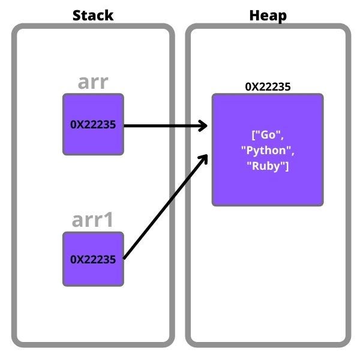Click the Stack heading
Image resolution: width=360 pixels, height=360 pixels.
(x=93, y=15)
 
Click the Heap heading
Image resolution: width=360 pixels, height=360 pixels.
(x=268, y=15)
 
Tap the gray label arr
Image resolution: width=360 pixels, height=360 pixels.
(x=93, y=82)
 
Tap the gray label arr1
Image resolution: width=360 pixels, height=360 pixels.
(x=93, y=220)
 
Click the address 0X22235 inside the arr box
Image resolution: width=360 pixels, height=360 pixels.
(x=93, y=125)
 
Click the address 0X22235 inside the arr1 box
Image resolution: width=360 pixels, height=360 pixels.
(x=93, y=260)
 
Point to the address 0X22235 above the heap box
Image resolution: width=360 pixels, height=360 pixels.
(x=268, y=87)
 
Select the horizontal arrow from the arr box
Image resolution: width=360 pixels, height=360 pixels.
(x=162, y=126)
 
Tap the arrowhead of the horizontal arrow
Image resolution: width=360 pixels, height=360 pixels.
(x=202, y=126)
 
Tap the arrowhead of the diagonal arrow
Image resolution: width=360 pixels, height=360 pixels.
(x=203, y=158)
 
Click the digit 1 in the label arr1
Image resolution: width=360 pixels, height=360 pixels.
(x=109, y=220)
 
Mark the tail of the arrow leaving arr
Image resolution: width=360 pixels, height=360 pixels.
(x=125, y=126)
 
